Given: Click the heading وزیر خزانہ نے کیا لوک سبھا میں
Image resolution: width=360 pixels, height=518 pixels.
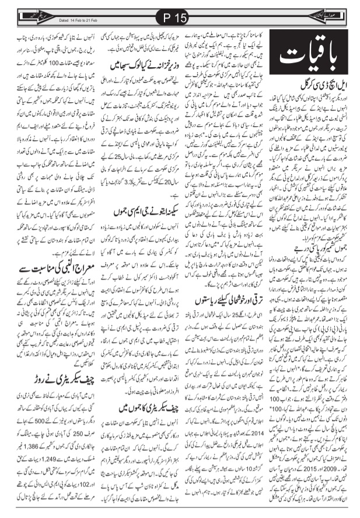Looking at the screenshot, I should coord(139,75).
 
